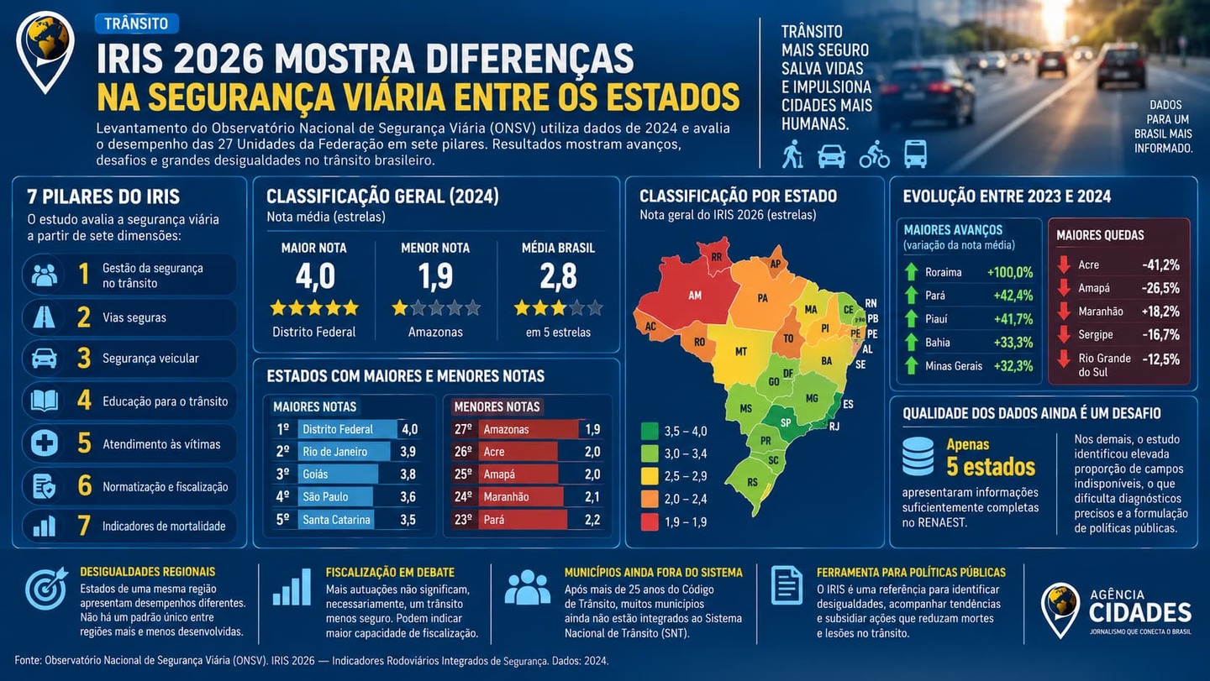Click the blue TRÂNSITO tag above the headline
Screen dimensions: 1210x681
pos(137,24)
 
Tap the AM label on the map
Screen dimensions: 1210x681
pos(695,296)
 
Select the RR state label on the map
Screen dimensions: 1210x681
pos(716,257)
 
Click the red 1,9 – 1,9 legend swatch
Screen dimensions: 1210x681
pos(650,521)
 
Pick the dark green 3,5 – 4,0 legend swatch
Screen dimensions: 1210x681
pos(650,431)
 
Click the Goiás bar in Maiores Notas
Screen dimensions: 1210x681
pos(338,474)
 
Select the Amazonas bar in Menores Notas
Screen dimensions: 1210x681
pos(529,430)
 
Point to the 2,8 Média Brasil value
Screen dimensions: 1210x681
pos(558,276)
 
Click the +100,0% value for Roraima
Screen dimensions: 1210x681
pos(1010,273)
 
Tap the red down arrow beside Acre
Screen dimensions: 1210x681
pos(1064,265)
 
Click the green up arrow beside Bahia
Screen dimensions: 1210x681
pos(911,342)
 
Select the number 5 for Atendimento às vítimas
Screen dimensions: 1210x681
pos(84,443)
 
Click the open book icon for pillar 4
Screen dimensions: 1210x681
pos(45,401)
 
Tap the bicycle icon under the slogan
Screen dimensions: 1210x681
pos(874,155)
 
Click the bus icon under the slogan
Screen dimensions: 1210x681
pos(916,154)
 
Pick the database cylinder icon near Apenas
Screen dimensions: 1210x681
pos(918,457)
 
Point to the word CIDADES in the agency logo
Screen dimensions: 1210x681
pos(1139,613)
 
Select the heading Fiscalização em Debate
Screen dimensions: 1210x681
pos(390,573)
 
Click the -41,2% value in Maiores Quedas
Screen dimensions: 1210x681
pos(1161,265)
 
